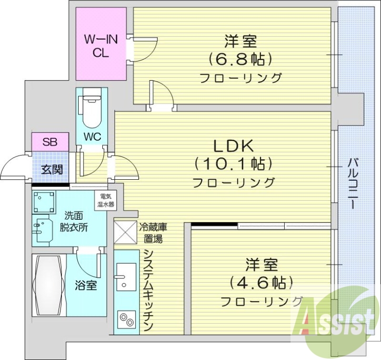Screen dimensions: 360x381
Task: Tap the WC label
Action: click(92, 136)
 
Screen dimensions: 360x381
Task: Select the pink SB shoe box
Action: click(50, 141)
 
